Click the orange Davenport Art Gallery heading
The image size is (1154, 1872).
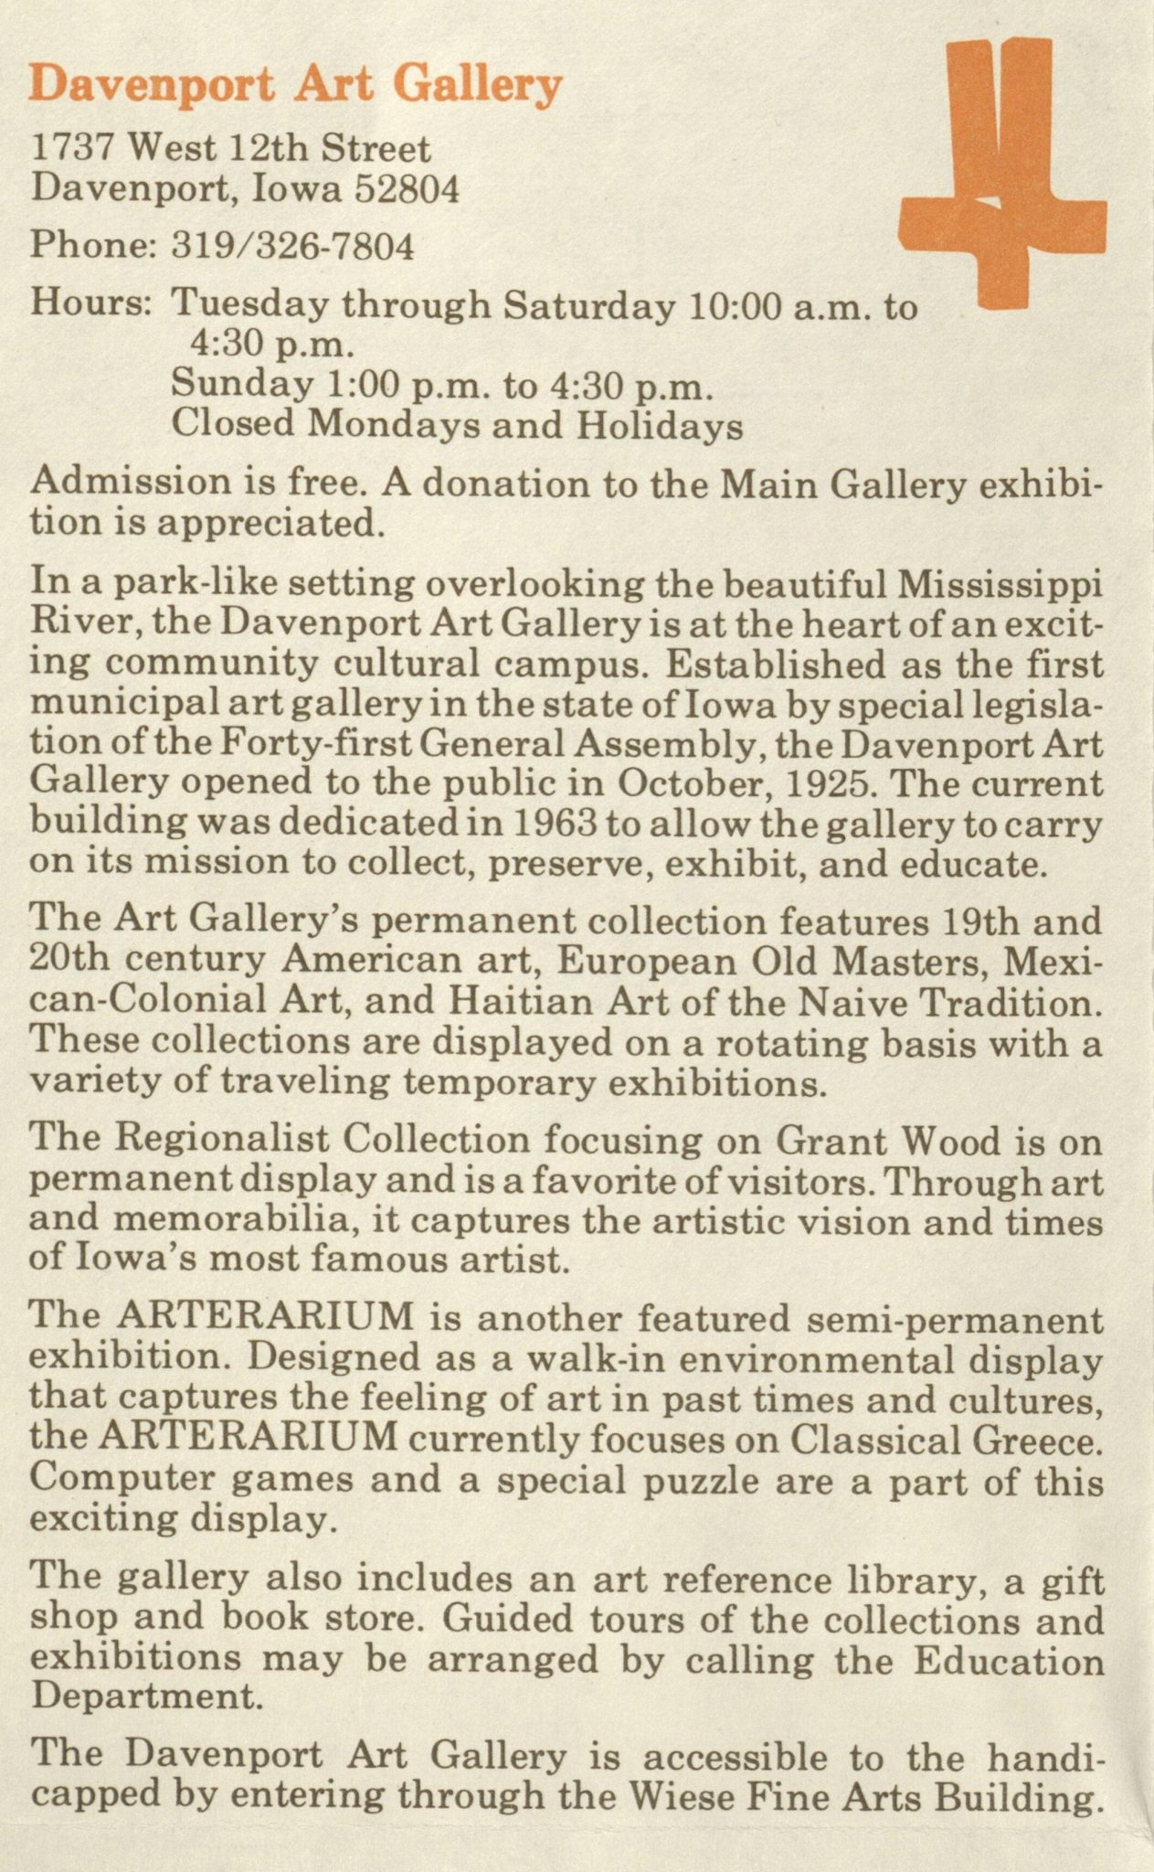[295, 87]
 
